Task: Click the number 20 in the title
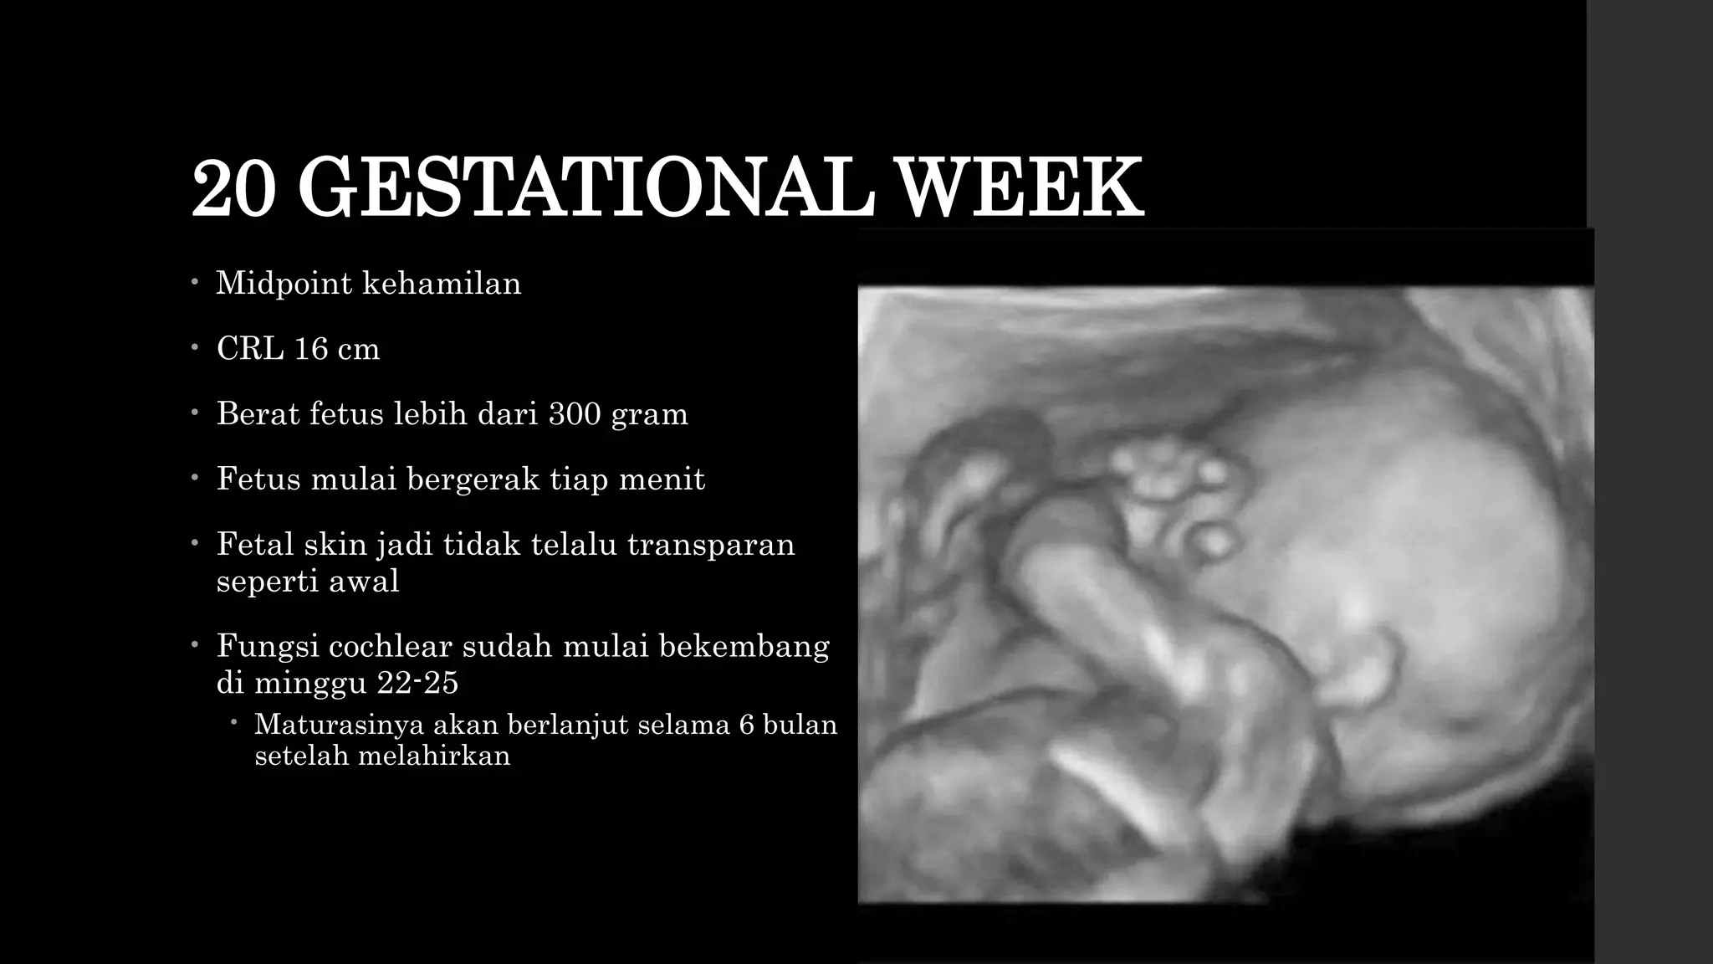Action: (x=233, y=187)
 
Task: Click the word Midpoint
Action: (x=284, y=284)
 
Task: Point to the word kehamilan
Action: (x=442, y=284)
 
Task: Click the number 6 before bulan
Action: (x=746, y=724)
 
